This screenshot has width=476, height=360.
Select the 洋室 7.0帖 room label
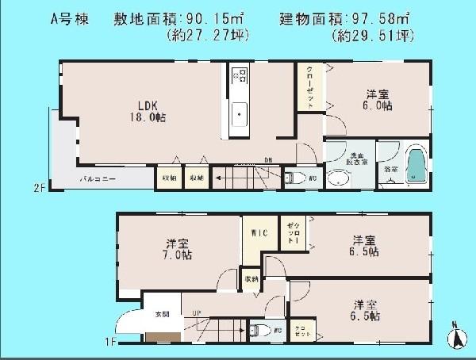176,248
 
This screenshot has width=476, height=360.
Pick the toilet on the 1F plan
254,330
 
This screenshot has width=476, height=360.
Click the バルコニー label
98,179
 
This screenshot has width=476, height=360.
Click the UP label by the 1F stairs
196,312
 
